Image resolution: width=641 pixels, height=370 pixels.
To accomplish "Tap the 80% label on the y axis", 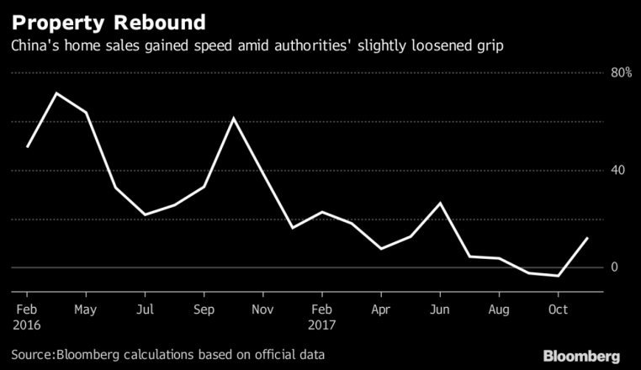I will click(621, 73).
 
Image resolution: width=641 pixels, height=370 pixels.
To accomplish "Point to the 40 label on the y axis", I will click(619, 171).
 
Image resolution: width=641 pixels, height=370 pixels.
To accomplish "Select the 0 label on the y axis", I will click(615, 267).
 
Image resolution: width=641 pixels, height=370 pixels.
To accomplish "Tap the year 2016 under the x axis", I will click(28, 324).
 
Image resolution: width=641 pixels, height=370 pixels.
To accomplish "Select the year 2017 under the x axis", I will click(323, 324).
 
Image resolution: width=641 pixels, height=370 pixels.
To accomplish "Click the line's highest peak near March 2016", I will click(56, 93).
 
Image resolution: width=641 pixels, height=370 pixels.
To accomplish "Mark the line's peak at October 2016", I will click(233, 118).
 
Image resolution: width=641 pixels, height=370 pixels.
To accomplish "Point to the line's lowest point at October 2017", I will click(559, 276).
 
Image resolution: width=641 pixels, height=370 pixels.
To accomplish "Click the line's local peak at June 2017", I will click(440, 203).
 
